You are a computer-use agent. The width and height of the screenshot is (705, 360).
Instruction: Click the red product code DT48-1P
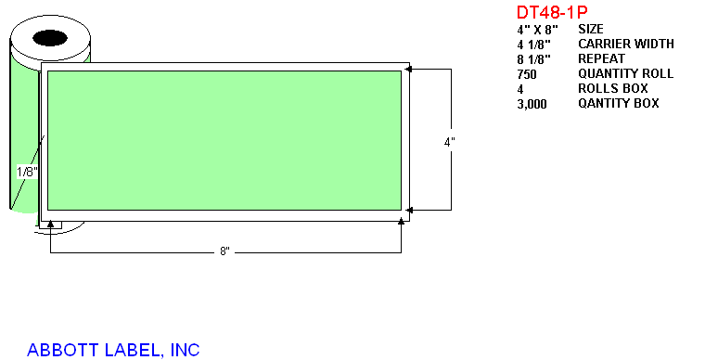click(552, 12)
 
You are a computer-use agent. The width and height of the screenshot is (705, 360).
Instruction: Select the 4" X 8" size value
click(537, 30)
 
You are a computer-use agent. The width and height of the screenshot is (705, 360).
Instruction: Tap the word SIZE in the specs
click(591, 29)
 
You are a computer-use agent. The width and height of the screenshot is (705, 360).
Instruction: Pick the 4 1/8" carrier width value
click(533, 45)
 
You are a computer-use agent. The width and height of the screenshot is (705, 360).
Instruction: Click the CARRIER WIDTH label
click(626, 44)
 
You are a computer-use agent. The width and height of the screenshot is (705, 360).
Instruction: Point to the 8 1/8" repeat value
click(533, 59)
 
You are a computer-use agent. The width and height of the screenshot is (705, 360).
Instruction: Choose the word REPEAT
click(602, 58)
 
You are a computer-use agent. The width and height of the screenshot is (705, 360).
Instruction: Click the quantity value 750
click(527, 74)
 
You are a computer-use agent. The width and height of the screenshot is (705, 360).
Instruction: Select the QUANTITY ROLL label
click(626, 73)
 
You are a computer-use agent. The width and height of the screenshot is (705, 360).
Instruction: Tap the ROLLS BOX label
click(613, 88)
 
